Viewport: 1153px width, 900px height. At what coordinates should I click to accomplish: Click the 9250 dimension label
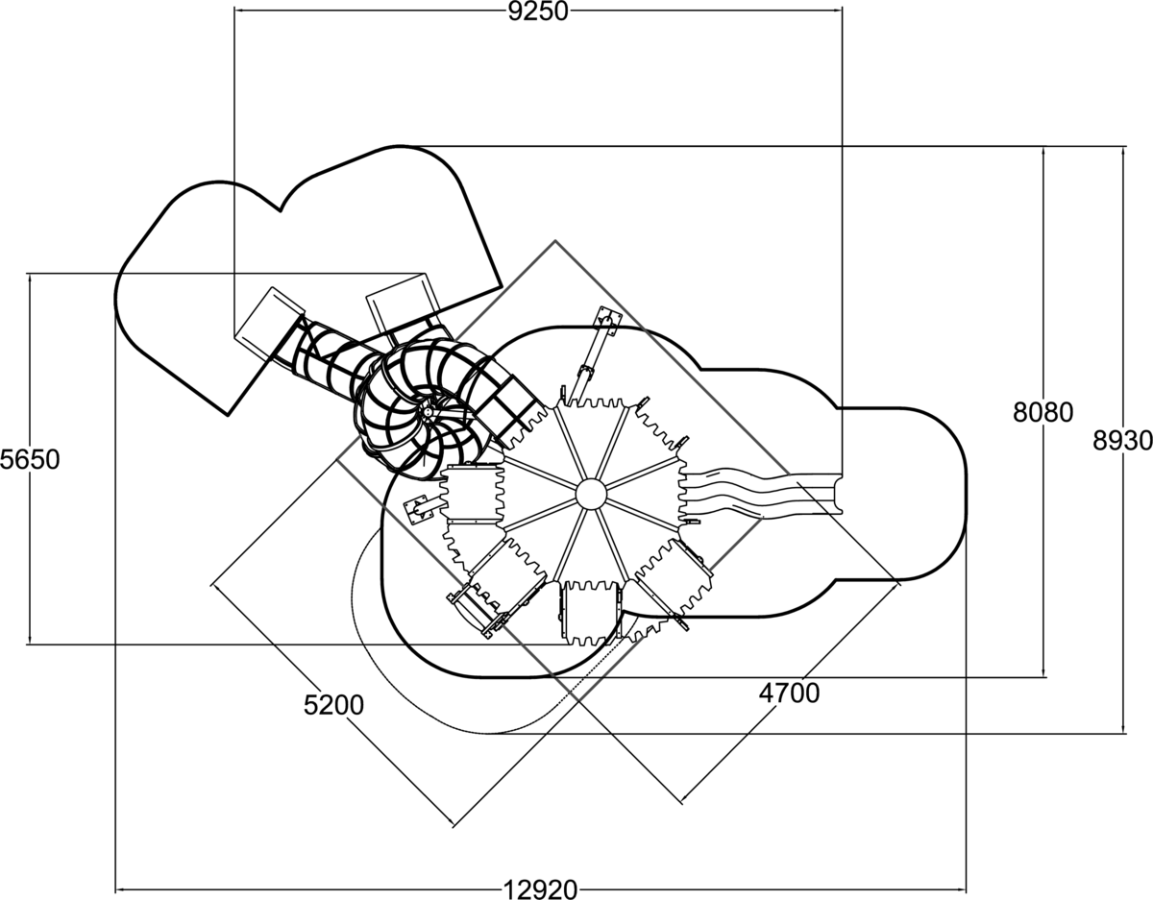tap(538, 11)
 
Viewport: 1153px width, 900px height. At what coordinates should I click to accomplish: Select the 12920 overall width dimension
tap(540, 889)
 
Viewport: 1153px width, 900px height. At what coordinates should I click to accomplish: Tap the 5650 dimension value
tap(30, 459)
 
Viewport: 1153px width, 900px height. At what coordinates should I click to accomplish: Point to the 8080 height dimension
tap(1043, 412)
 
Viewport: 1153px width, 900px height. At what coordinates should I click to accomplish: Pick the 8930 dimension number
tap(1122, 440)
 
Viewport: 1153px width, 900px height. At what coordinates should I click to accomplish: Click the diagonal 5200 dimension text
tap(333, 705)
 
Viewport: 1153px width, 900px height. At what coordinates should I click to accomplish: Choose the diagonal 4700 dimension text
tap(789, 692)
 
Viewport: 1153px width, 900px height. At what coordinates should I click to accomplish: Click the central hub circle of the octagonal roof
tap(590, 495)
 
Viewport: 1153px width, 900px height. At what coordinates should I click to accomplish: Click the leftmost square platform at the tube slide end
tap(267, 321)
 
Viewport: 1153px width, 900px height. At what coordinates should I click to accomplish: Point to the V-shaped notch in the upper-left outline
tap(282, 207)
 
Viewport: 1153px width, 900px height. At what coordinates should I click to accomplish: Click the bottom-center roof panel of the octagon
tap(589, 611)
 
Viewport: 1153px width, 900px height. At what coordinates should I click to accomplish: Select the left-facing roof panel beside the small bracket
tap(473, 494)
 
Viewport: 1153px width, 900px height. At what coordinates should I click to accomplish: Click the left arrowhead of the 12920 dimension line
tap(119, 889)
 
